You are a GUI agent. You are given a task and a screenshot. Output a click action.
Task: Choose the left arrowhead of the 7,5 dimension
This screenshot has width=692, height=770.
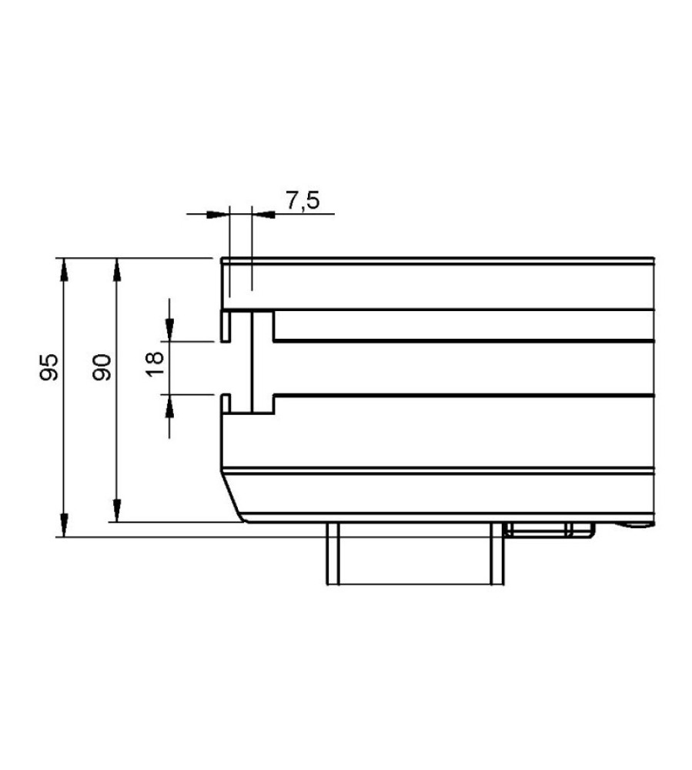click(x=219, y=213)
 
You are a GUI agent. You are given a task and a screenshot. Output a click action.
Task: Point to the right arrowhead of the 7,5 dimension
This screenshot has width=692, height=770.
click(x=262, y=213)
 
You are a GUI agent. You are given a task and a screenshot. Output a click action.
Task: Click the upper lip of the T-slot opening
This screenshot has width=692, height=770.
click(x=226, y=326)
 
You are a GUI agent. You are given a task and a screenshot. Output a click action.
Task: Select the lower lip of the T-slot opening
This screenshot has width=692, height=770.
click(x=226, y=405)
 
